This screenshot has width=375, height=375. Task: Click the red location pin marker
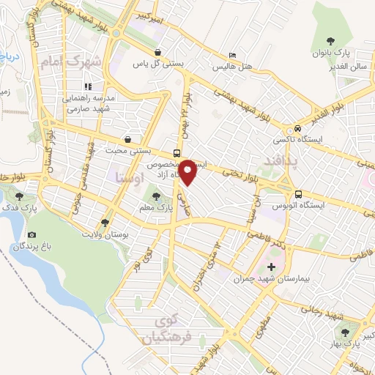pos(188,171)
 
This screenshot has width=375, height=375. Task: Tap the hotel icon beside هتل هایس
pos(232,56)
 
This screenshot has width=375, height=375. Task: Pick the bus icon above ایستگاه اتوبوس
pos(298,194)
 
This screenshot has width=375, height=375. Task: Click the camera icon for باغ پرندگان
pos(31,234)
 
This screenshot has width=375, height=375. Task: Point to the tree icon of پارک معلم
pos(155,196)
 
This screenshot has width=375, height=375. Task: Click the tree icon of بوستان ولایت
pos(105,222)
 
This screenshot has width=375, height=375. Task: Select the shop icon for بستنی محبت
pos(129,140)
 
